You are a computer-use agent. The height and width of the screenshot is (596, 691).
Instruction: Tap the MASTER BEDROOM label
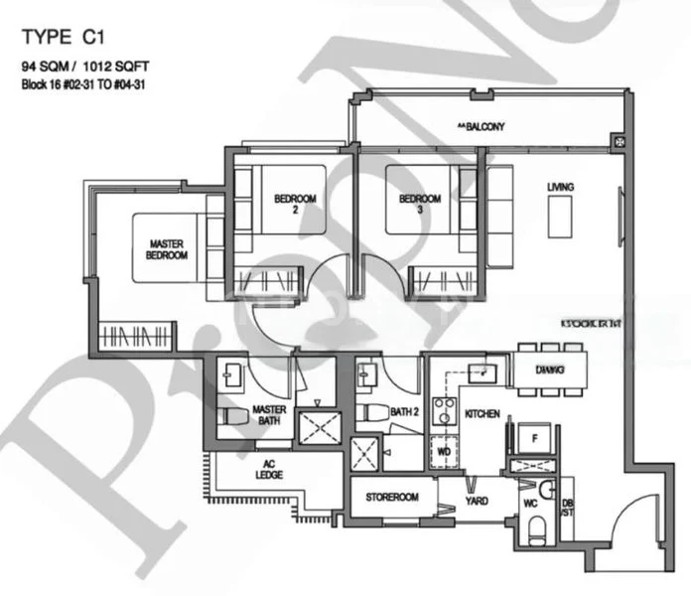click(168, 249)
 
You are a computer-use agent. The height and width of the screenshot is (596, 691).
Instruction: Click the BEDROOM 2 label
click(295, 205)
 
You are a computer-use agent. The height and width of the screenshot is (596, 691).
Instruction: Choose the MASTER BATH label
click(269, 415)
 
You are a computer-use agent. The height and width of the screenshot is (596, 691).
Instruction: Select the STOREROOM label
click(391, 497)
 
